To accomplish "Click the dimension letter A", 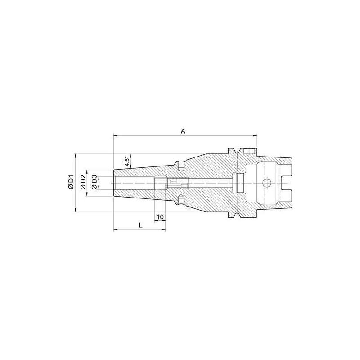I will (183, 131).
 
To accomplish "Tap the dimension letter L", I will (141, 225).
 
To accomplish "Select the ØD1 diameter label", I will (71, 184).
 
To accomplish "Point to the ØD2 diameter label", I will (83, 184).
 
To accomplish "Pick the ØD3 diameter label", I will (94, 183).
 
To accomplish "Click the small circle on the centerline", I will (266, 184).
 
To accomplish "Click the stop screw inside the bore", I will (160, 184).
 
